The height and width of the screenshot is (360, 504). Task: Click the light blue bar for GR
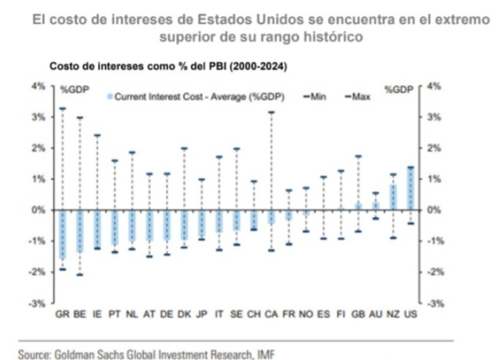coord(62,235)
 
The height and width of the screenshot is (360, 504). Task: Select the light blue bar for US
coord(410,189)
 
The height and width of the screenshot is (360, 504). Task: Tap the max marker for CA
coord(271,112)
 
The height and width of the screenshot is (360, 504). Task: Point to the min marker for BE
coord(79,275)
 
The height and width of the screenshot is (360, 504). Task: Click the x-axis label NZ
coord(393,314)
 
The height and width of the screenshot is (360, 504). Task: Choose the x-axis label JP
coord(202,314)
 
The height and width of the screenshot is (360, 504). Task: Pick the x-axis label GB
coord(358,314)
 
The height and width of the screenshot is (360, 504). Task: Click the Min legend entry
coord(315,97)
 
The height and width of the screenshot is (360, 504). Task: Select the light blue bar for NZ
coord(393,198)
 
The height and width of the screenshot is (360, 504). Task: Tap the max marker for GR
coord(62,108)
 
